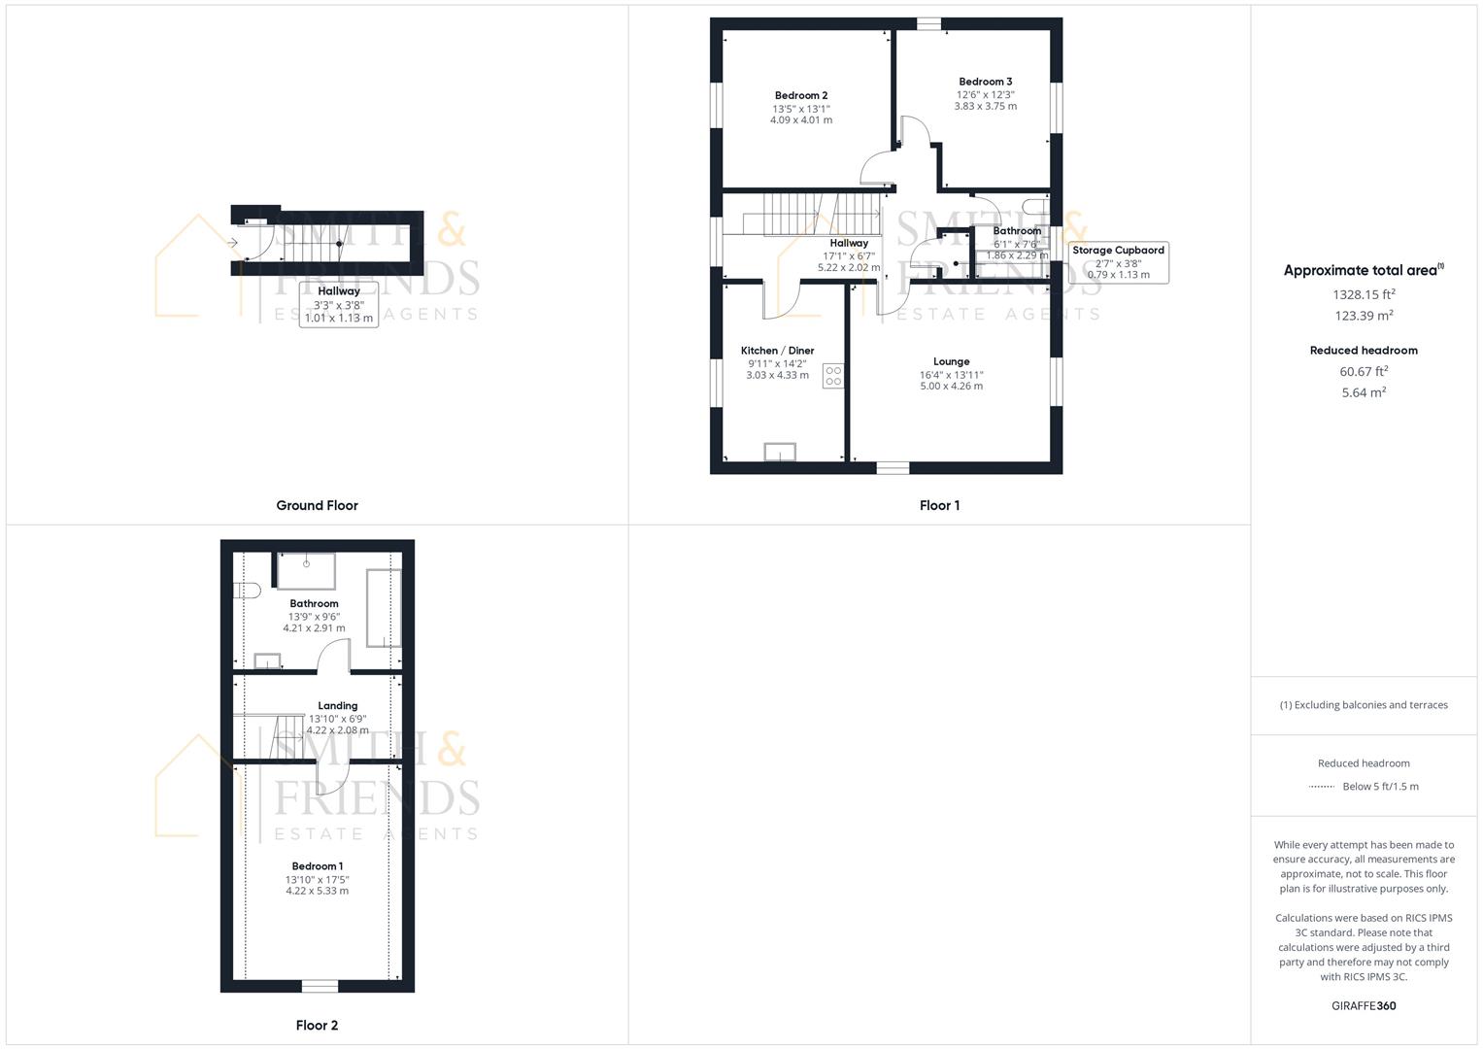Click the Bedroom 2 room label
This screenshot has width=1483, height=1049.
pyautogui.click(x=801, y=95)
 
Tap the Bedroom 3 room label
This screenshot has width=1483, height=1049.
pyautogui.click(x=985, y=82)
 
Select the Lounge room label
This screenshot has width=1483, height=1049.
pyautogui.click(x=951, y=361)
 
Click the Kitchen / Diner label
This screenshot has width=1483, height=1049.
pyautogui.click(x=777, y=351)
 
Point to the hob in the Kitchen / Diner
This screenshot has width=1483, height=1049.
pyautogui.click(x=833, y=376)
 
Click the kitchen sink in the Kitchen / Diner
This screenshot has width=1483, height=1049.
pyautogui.click(x=779, y=451)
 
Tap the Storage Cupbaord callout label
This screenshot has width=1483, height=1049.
pyautogui.click(x=1118, y=251)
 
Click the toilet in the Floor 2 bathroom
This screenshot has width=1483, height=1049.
pyautogui.click(x=248, y=590)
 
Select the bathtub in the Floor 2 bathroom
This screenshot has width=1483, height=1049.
pyautogui.click(x=383, y=608)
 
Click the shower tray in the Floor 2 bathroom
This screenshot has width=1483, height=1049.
pyautogui.click(x=306, y=570)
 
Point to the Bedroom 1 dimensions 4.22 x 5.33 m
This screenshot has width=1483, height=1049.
pyautogui.click(x=317, y=891)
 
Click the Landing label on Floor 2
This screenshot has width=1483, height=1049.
pyautogui.click(x=338, y=706)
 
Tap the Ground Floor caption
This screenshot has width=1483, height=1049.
pyautogui.click(x=317, y=505)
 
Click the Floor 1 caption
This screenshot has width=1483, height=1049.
pyautogui.click(x=939, y=505)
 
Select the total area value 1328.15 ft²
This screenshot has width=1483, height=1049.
pyautogui.click(x=1364, y=293)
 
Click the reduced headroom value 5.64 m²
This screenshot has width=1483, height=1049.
pyautogui.click(x=1364, y=392)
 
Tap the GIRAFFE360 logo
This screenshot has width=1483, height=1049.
pyautogui.click(x=1364, y=1005)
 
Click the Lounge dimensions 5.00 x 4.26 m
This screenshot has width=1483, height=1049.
pyautogui.click(x=951, y=386)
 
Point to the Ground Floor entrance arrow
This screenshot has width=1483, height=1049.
pyautogui.click(x=233, y=242)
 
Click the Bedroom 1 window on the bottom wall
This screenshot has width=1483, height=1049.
pyautogui.click(x=319, y=986)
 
